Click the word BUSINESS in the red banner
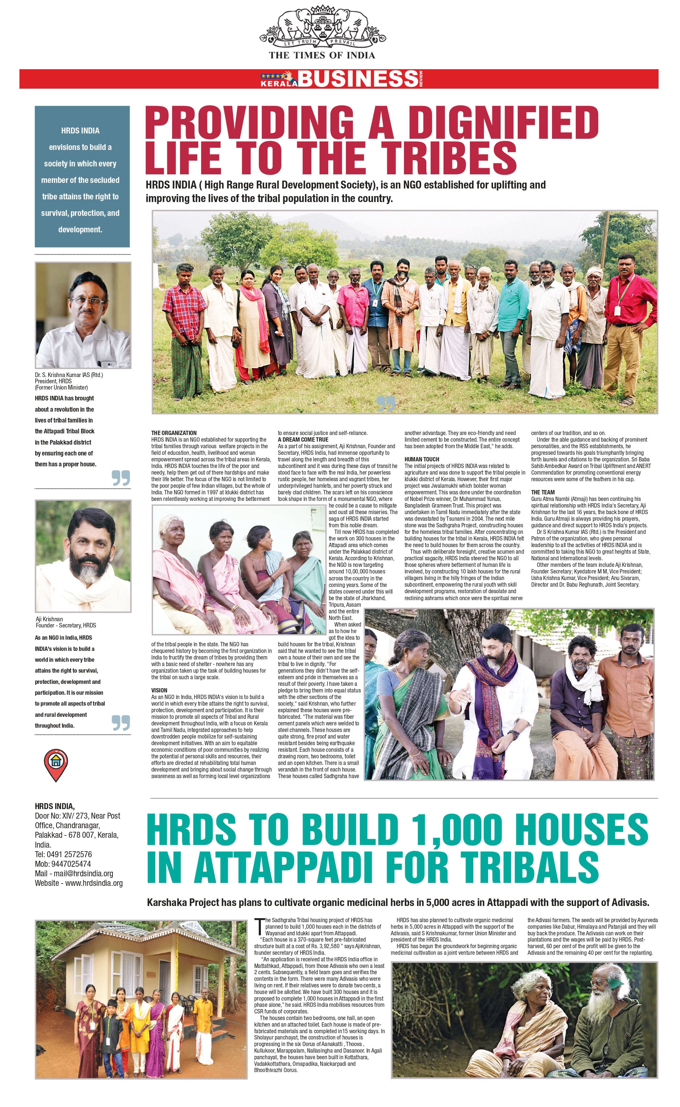point(357,79)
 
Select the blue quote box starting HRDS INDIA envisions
point(82,177)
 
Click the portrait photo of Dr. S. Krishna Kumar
point(83,315)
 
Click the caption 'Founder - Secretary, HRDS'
point(66,625)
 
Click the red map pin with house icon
point(56,765)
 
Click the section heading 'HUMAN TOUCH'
point(421,459)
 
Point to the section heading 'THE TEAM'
point(542,492)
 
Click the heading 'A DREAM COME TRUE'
point(303,440)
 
